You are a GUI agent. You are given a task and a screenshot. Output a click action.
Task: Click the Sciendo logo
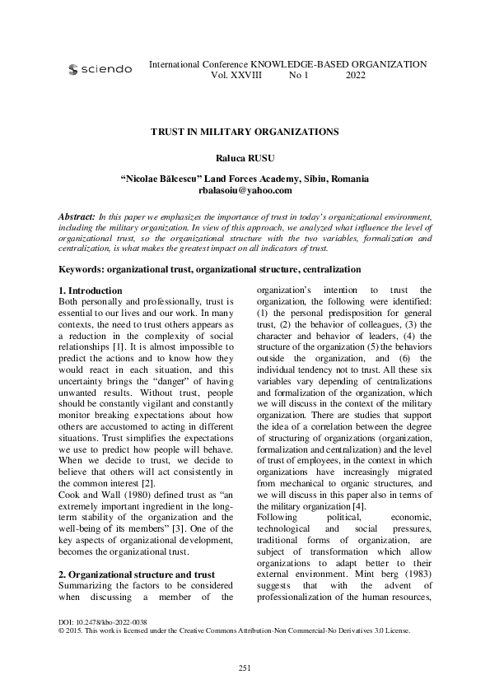point(100,70)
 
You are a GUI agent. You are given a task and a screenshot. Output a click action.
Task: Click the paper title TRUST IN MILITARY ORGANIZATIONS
point(245,131)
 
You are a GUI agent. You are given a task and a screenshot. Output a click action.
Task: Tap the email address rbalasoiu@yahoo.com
point(245,190)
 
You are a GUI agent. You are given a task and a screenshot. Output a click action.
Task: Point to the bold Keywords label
point(86,269)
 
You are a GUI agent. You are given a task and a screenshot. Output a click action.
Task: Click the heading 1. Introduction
point(91,291)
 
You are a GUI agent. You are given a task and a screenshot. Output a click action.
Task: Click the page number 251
point(245,666)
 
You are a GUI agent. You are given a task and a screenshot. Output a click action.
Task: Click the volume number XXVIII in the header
point(244,75)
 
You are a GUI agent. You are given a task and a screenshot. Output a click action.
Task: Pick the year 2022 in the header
point(356,75)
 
